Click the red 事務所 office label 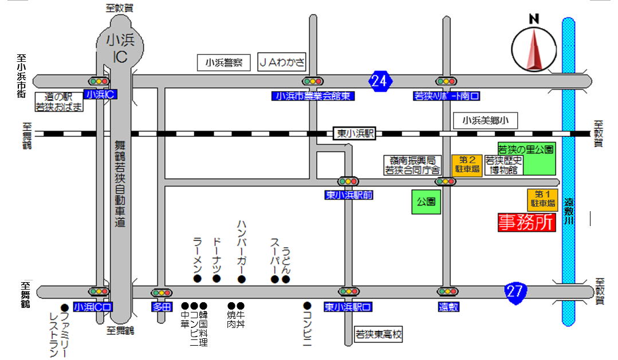[527, 223]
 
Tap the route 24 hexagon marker [380, 81]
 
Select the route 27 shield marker [515, 291]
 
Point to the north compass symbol [534, 50]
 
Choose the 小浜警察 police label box [224, 62]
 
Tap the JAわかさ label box [282, 62]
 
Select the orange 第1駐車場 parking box [542, 199]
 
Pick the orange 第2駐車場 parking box [467, 165]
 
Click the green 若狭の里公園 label [526, 149]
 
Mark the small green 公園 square [427, 201]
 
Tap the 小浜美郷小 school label [485, 120]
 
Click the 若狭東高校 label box [378, 334]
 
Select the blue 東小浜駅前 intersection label [349, 195]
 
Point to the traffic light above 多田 [162, 292]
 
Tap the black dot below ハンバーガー [242, 279]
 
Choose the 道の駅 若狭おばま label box [59, 102]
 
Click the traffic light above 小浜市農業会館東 [313, 81]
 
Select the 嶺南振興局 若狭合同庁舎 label [412, 165]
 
